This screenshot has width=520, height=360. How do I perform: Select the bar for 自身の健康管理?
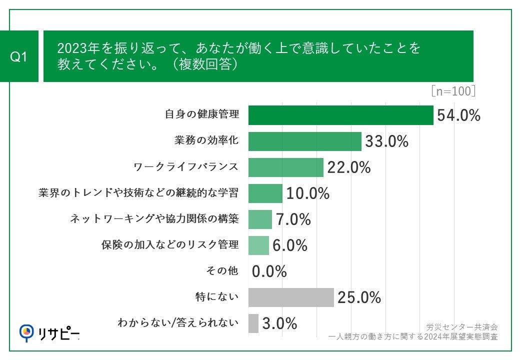[x=340, y=115]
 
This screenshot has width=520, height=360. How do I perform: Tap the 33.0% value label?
[x=386, y=141]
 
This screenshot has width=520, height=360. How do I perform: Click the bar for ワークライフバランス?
[x=285, y=167]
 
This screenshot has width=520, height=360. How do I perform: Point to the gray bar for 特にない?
[x=290, y=297]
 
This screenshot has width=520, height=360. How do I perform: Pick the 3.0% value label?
[x=280, y=323]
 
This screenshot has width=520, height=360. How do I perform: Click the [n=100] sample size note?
[x=452, y=91]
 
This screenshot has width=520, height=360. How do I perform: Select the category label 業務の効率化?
[x=206, y=141]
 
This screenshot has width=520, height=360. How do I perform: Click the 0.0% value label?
[x=269, y=271]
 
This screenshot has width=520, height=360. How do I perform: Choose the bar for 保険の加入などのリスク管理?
[x=258, y=245]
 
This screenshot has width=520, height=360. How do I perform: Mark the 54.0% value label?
[x=458, y=115]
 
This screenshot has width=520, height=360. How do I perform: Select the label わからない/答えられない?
[x=178, y=323]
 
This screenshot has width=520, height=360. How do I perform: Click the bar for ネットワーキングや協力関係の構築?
[x=260, y=219]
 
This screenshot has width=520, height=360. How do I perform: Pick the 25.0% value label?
[x=359, y=297]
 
